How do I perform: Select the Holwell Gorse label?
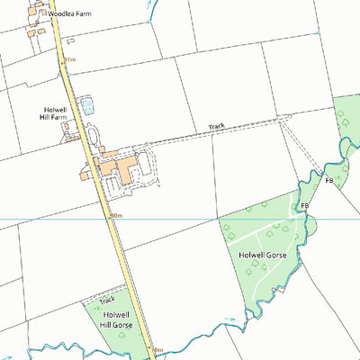click(263, 255)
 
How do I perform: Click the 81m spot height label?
click(68, 60)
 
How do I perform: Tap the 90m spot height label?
click(114, 216)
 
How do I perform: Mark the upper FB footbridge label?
click(329, 182)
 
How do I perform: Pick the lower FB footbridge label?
click(305, 206)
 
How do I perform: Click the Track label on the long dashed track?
click(216, 127)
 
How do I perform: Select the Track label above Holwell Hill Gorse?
click(107, 300)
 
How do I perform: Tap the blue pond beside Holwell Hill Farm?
click(86, 106)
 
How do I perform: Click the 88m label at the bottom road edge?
click(157, 350)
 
